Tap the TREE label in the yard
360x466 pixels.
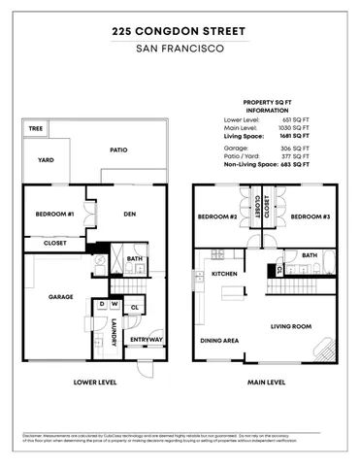(x=36, y=128)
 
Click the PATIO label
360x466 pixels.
(x=119, y=151)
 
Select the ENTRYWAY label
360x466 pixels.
(x=147, y=339)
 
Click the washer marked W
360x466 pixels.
(x=114, y=304)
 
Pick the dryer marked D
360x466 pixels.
(x=101, y=304)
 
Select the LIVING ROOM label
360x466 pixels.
(x=290, y=327)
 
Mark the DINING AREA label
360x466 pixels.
(x=220, y=341)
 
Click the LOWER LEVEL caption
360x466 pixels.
(x=95, y=383)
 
